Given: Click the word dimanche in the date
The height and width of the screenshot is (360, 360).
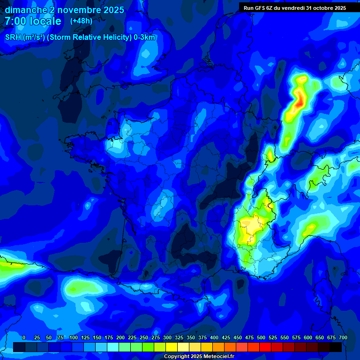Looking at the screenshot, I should point(25,10).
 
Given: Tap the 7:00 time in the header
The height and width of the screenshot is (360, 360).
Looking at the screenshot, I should point(15,21).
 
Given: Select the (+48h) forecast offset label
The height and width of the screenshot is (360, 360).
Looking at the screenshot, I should point(81,21).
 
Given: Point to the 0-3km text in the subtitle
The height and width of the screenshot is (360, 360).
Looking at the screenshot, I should point(144,37).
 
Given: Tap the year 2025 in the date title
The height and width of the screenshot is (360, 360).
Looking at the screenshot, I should point(112,10).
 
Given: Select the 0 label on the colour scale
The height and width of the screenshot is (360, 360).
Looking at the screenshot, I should point(24,337).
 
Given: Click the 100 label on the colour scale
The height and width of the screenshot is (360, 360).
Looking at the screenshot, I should point(74,337).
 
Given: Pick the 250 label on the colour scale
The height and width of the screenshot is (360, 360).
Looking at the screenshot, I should point(144,337).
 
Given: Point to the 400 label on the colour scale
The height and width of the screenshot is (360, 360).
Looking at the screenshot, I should point(214,337).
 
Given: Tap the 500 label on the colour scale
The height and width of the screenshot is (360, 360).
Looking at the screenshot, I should point(261,337).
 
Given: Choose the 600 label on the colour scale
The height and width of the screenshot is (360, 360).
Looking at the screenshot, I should point(308,337).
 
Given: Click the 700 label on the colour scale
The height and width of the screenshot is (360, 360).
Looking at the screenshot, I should point(343,337).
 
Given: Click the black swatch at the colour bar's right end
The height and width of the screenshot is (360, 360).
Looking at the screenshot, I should point(336,347).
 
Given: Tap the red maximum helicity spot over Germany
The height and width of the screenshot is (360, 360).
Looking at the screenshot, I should point(298,102).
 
